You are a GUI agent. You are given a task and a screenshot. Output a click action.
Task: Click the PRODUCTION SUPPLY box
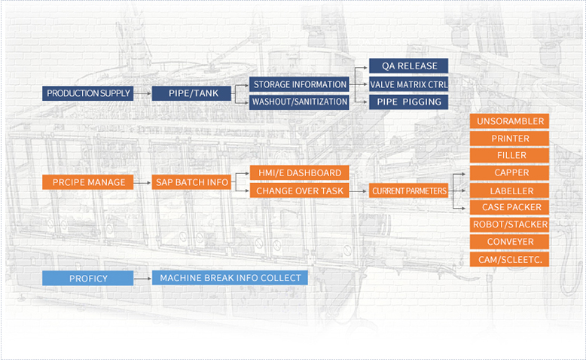(89, 94)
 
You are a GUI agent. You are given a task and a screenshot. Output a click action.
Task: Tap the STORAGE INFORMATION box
(299, 85)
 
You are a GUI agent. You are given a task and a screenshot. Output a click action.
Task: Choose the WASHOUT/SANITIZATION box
(299, 102)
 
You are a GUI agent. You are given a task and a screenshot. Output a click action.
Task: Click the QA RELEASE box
(408, 66)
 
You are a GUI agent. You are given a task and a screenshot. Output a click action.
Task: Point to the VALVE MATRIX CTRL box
(408, 84)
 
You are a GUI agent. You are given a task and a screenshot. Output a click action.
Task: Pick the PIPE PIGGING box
(408, 102)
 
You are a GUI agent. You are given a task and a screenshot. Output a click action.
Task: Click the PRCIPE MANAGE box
(89, 182)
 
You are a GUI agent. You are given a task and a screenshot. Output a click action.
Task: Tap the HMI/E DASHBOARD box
(299, 173)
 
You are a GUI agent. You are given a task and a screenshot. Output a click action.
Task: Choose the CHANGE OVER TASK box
(299, 191)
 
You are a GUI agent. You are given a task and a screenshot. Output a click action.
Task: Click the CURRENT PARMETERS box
(409, 191)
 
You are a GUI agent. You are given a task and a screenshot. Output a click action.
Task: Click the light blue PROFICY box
(89, 278)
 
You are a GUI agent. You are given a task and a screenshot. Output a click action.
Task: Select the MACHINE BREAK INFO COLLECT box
(230, 278)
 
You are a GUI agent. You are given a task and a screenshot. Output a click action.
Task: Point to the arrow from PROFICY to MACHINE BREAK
(143, 278)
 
